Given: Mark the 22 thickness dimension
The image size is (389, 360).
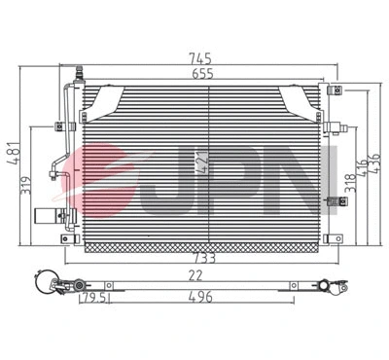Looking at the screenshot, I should [195, 275].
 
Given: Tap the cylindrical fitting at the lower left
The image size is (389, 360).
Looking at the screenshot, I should [47, 216].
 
